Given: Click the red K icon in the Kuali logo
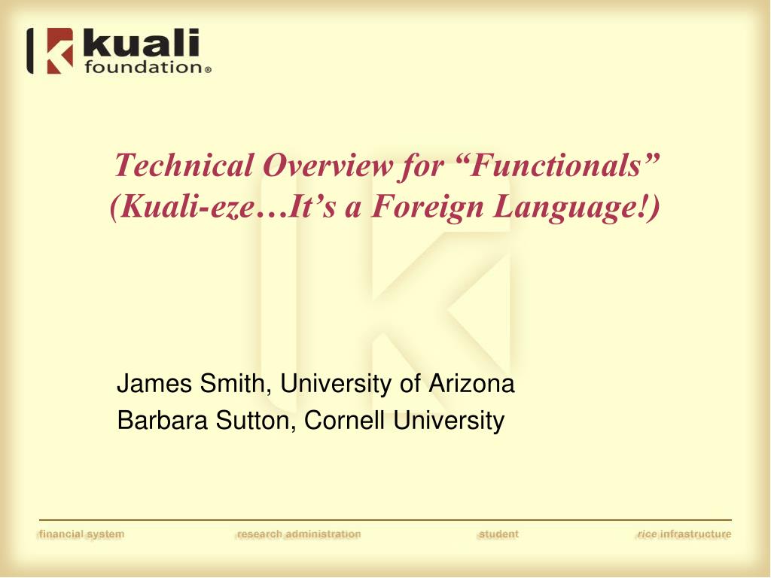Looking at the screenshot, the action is pos(59,50).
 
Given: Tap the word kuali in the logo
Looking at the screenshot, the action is pos(141,43).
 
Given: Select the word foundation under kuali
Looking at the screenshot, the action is pos(143,67).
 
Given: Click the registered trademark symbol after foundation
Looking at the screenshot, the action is pos(208,70).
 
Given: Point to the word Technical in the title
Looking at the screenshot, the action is pos(184,165).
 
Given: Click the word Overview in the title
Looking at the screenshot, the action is pos(328,165).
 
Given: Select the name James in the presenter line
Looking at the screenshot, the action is pos(154,383).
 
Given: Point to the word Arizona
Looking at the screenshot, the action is pos(471,383).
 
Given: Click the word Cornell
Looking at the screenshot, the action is pos(344,420).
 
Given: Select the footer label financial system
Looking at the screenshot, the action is pos(81,534).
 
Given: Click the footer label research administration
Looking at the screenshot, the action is pos(299,534).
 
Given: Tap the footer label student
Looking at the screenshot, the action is pos(498,534).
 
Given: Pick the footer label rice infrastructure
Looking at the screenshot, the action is pos(684,534).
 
